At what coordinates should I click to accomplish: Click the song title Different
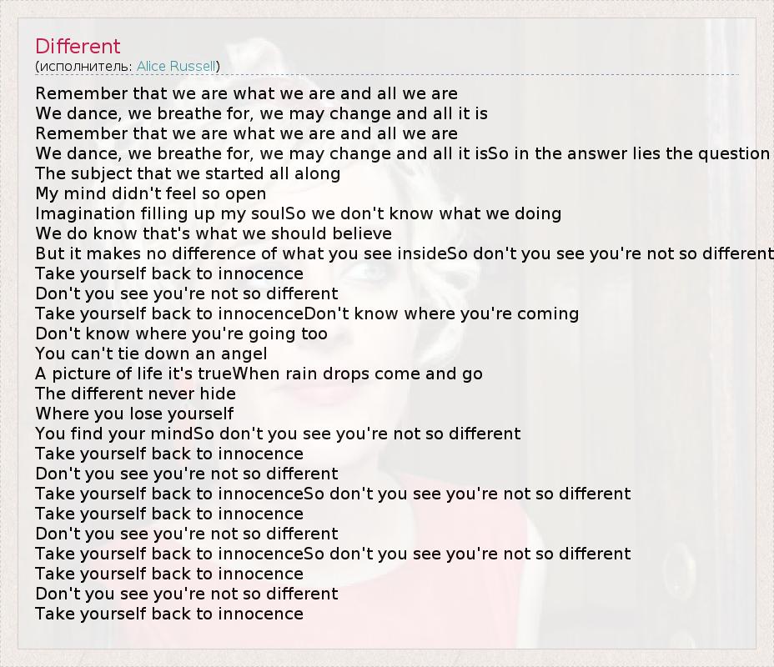(x=78, y=47)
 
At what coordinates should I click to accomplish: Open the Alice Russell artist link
(x=176, y=66)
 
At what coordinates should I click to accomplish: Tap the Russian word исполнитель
(x=84, y=67)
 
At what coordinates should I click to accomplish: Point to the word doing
(x=538, y=214)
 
